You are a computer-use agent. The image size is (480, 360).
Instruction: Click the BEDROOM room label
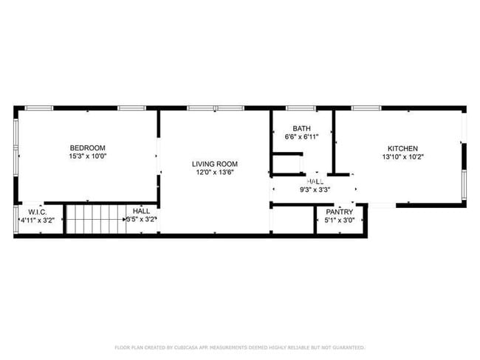[x=87, y=148]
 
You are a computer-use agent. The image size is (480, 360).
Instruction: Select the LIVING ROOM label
[x=215, y=164]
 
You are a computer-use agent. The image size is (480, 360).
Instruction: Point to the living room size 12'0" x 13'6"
[x=215, y=173]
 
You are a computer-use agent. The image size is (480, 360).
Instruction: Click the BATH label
[x=301, y=128]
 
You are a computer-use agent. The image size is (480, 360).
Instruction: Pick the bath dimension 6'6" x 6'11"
[x=301, y=137]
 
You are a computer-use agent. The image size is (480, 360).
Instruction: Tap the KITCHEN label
[x=402, y=148]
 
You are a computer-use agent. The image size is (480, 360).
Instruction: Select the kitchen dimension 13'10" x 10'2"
[x=402, y=156]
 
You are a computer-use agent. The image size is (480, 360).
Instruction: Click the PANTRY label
[x=340, y=211]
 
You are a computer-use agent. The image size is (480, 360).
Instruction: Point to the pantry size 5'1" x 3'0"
[x=340, y=219]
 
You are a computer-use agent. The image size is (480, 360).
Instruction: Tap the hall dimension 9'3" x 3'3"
[x=315, y=190]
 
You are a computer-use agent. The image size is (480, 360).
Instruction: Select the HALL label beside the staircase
[x=141, y=211]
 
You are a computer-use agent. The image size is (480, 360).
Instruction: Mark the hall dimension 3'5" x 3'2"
[x=141, y=219]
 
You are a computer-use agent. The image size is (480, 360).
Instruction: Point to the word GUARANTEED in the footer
[x=346, y=347]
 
